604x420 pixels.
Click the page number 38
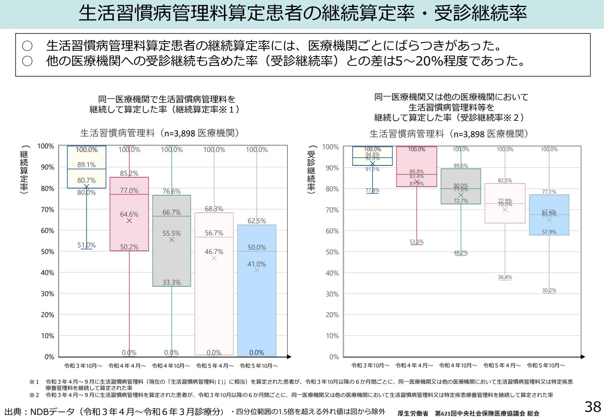tap(593, 407)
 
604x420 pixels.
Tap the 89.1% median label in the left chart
tap(86, 165)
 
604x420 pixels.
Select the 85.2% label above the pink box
tap(129, 173)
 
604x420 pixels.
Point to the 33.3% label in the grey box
tap(171, 282)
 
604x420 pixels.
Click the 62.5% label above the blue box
tap(257, 221)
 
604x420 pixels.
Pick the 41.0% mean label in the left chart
tap(257, 264)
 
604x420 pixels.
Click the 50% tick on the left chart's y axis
tap(48, 252)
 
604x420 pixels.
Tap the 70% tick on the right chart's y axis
tap(332, 210)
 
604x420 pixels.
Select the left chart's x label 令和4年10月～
tap(171, 366)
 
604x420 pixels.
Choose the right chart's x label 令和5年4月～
tap(502, 365)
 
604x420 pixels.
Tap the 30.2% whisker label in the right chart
tap(549, 290)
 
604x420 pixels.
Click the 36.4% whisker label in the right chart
tap(505, 277)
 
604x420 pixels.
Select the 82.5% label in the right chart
tap(505, 180)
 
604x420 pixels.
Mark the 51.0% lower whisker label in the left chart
tap(86, 245)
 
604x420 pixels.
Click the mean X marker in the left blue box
tap(256, 270)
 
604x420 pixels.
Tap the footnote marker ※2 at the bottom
tap(34, 395)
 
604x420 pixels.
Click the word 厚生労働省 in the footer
tap(413, 413)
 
